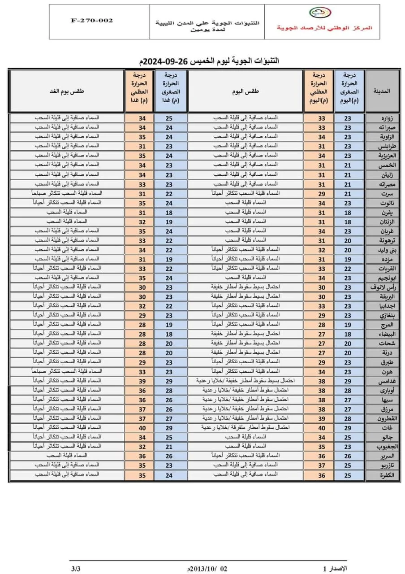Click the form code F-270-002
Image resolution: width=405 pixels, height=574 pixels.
(91, 21)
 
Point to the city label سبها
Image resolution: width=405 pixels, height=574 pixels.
(387, 400)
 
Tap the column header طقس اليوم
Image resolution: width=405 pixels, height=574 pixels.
(245, 91)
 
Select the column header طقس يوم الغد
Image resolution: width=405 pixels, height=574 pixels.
(67, 91)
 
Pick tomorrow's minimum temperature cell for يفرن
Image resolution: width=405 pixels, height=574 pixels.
(169, 212)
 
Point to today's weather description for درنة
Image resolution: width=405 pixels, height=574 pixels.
(245, 353)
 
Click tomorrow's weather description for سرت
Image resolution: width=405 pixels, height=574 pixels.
(67, 193)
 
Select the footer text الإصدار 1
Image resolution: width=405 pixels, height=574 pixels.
(336, 568)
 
